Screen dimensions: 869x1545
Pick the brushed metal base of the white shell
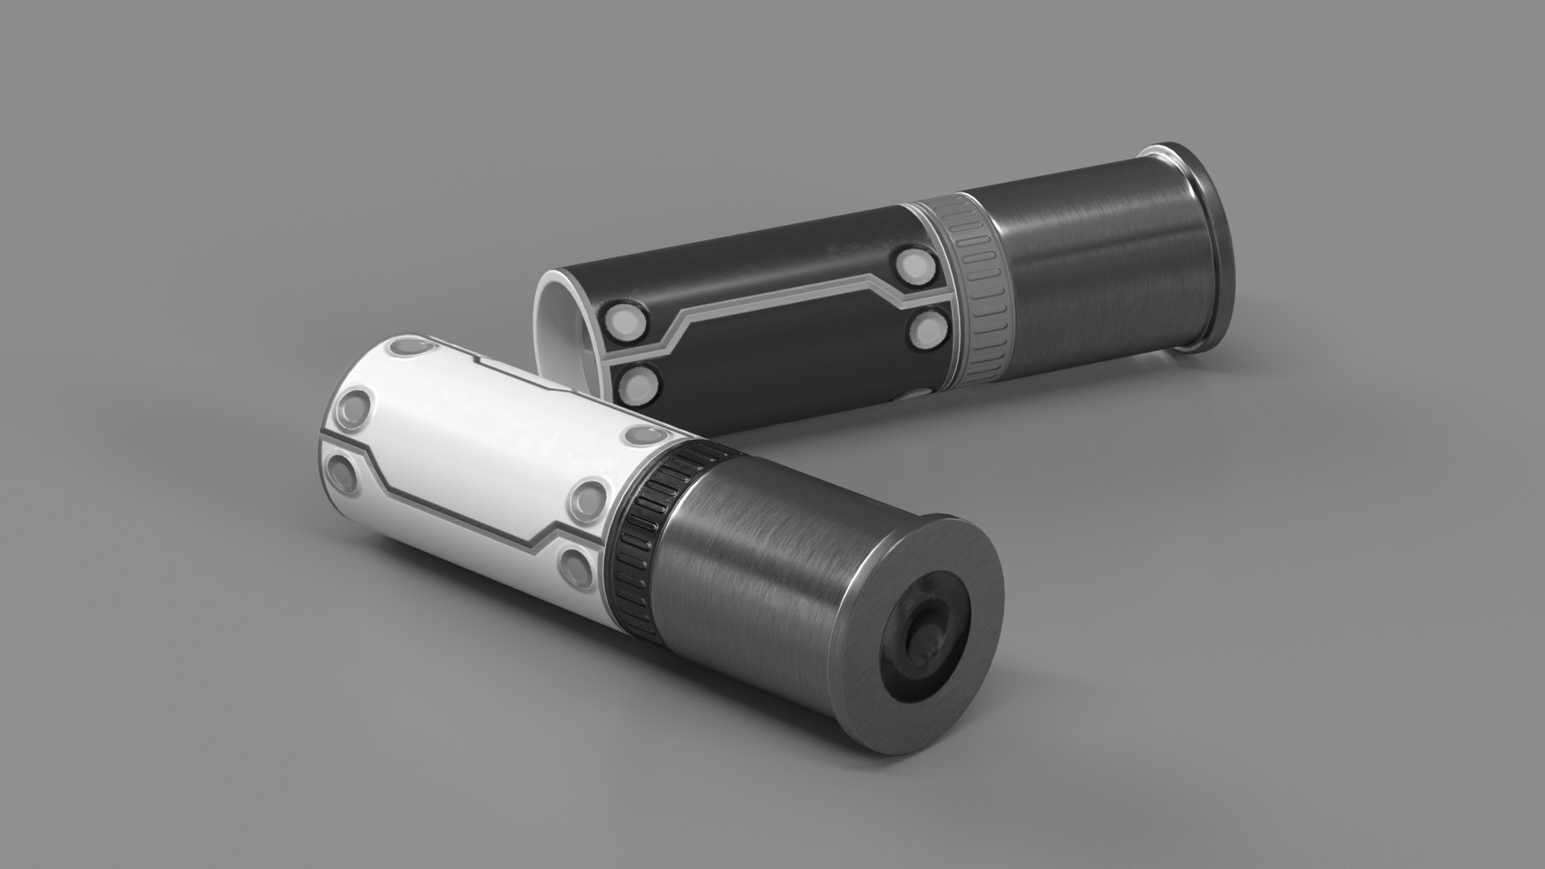740,563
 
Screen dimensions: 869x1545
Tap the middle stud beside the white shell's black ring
589,500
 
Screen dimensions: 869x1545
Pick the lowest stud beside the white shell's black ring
575,566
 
